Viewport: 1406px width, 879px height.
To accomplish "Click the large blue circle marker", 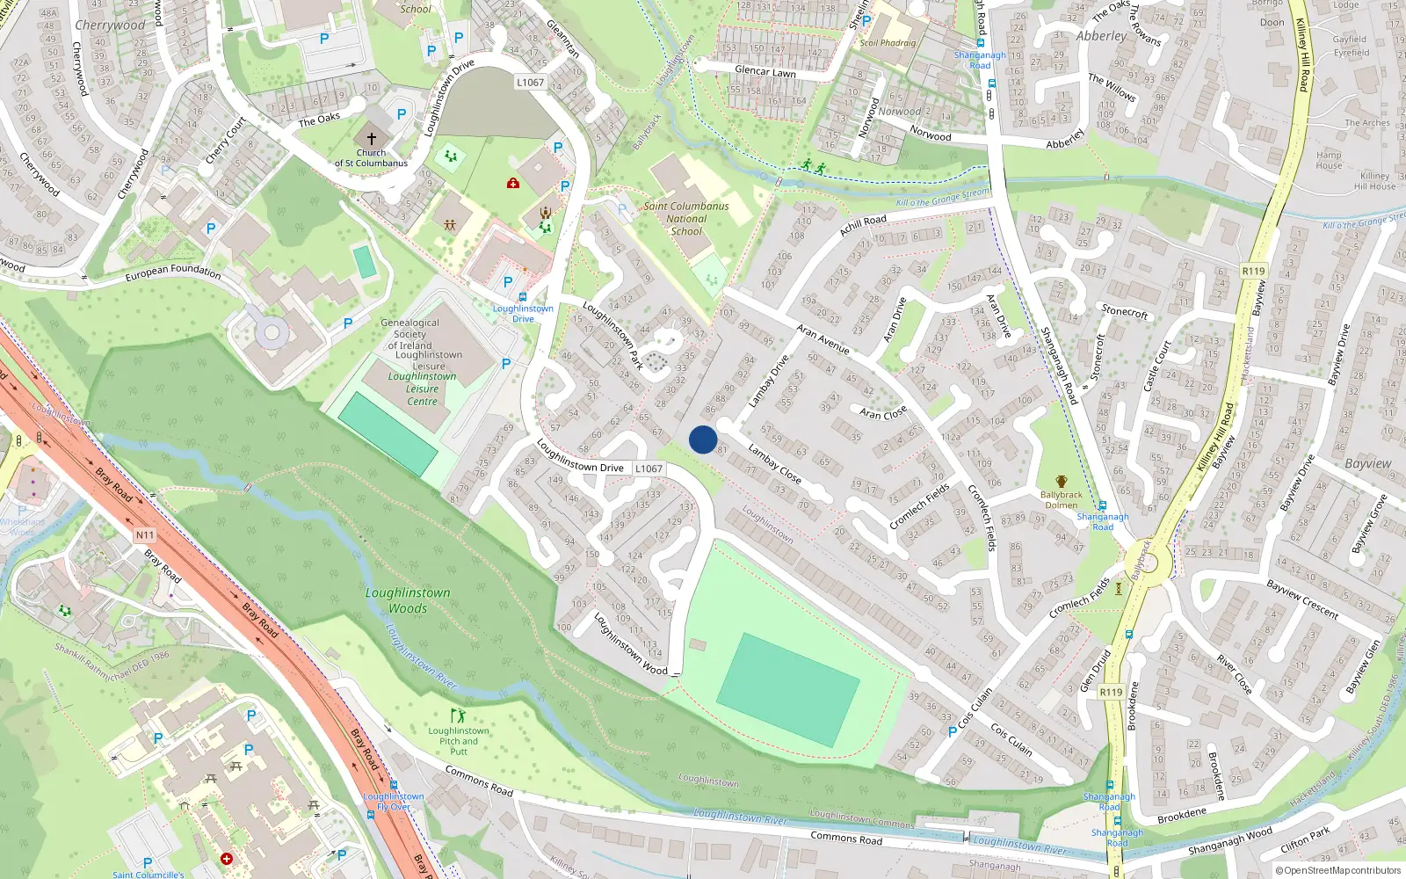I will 703,439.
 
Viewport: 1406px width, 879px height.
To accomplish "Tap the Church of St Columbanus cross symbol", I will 371,139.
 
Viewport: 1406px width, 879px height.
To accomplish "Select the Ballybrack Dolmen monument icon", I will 1062,482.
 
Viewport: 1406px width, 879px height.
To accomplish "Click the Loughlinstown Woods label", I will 408,600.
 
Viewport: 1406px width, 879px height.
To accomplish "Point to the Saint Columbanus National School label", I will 686,218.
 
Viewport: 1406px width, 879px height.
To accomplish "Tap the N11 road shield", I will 144,534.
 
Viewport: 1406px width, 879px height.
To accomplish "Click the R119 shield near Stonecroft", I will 1253,271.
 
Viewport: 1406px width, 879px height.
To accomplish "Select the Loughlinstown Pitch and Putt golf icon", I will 457,716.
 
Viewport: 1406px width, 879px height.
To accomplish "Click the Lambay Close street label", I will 774,463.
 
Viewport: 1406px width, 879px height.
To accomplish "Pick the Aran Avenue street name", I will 823,338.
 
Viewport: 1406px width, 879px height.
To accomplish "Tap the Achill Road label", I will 863,225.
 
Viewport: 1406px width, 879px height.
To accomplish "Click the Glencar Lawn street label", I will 765,71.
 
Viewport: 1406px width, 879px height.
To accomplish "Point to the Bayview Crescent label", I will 1302,599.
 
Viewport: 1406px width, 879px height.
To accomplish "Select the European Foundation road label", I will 172,272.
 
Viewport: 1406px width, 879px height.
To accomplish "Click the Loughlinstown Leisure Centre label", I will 422,389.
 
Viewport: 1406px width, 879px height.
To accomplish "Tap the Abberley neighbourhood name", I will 1100,36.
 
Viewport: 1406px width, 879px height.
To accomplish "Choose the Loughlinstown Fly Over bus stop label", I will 393,802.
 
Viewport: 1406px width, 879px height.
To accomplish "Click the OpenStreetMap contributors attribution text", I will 1338,871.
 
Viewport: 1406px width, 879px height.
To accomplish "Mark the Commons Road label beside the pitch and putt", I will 479,781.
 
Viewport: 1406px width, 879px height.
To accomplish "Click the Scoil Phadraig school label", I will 888,42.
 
